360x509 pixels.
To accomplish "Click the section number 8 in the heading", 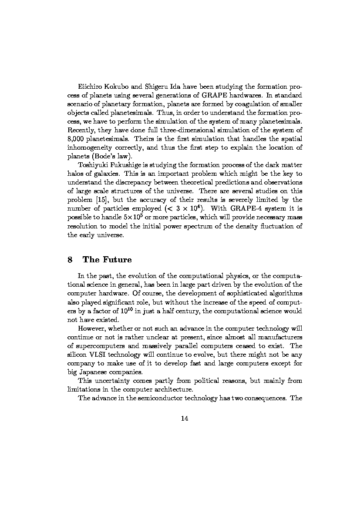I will click(70, 260).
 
